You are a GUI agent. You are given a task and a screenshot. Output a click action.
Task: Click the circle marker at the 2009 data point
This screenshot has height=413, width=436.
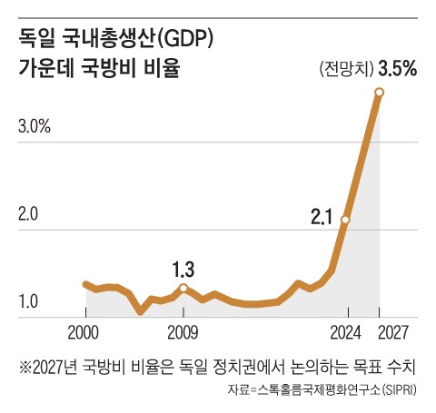click(183, 288)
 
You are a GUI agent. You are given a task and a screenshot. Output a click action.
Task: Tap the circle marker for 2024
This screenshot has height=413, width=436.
click(345, 220)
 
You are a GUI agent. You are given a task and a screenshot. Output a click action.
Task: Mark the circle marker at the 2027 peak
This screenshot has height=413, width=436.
click(380, 93)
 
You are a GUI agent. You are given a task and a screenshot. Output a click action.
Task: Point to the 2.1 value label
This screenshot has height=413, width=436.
click(322, 217)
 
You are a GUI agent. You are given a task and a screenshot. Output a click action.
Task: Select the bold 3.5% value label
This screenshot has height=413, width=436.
click(397, 69)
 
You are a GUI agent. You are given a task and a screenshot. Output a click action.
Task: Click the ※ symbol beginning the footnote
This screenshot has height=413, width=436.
click(25, 368)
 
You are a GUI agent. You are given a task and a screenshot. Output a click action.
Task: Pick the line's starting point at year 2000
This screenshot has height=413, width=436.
click(84, 284)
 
